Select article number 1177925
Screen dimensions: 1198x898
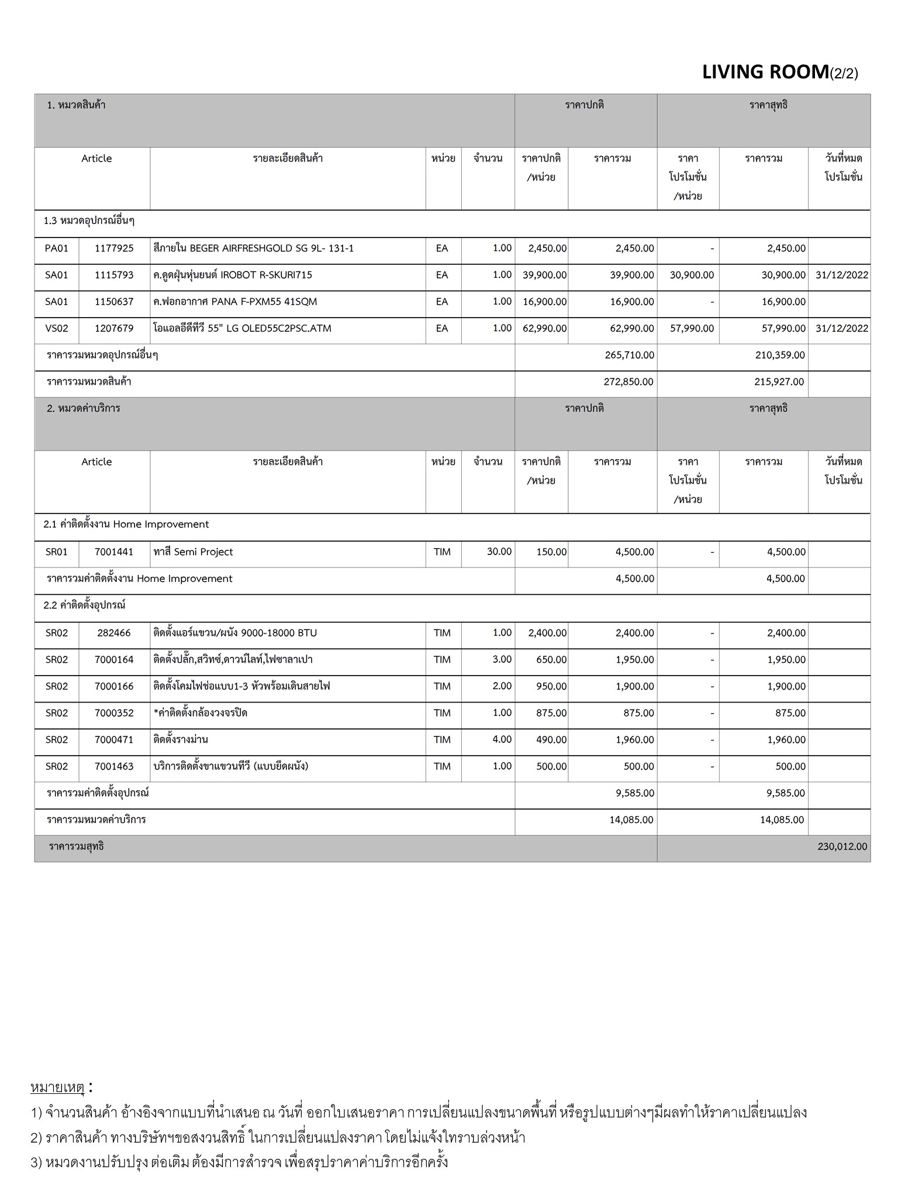pos(114,248)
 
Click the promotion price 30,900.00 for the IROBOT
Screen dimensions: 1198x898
pos(692,275)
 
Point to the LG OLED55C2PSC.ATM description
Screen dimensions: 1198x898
pos(242,328)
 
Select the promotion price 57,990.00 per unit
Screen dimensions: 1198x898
pos(692,328)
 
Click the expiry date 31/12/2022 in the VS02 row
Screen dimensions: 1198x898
pos(841,328)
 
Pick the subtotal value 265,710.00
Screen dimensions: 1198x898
pos(629,355)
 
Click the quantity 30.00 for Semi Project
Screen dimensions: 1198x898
pos(499,552)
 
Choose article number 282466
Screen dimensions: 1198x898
pos(114,632)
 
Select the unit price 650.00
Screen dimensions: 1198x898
pos(551,659)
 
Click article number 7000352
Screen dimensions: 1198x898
pos(114,712)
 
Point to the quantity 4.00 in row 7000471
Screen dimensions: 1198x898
pos(502,739)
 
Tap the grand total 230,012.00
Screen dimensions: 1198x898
pos(842,846)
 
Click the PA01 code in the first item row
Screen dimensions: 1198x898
pos(56,248)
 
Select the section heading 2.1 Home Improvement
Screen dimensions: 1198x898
pos(126,524)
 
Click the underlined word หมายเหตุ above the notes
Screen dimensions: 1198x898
pos(57,1087)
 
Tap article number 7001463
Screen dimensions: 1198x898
pos(114,766)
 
